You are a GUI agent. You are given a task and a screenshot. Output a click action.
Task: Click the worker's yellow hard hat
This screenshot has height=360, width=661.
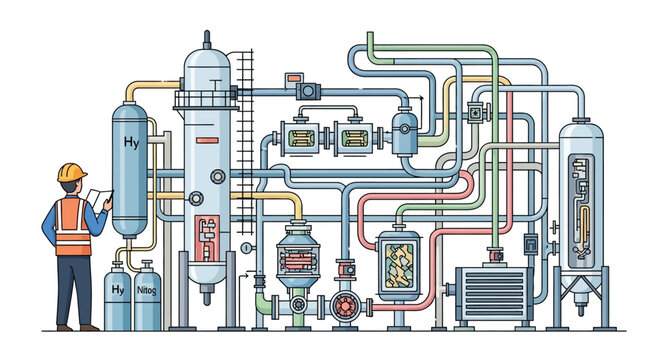[x=71, y=172]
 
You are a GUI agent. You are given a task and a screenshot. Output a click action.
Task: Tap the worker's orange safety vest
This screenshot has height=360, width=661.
[x=71, y=221]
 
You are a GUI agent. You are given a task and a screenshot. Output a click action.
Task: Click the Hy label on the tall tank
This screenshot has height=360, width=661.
[x=131, y=142]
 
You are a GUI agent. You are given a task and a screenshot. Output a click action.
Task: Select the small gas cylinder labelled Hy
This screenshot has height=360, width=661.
[x=118, y=296]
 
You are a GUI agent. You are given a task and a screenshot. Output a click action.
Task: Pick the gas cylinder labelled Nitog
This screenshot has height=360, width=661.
[x=147, y=297]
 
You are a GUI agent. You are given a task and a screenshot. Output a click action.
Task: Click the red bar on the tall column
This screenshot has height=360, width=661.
[x=208, y=137]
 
